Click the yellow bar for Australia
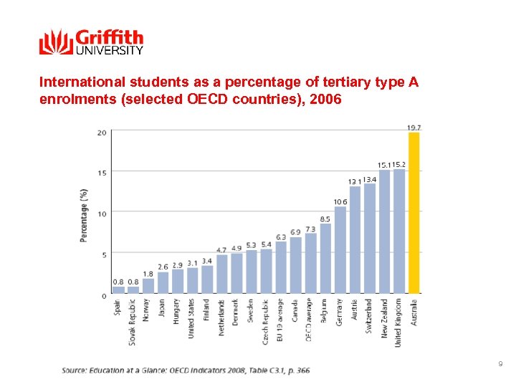pos(414,213)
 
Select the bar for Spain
pos(118,290)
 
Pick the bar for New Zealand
pos(385,231)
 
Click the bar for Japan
pos(163,282)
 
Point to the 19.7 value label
pos(414,128)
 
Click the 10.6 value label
pos(340,201)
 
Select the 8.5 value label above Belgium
pos(325,219)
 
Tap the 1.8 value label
pos(148,274)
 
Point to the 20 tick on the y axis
pos(102,133)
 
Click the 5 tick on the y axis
pos(104,254)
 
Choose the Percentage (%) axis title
pos(85,215)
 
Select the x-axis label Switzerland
pos(370,316)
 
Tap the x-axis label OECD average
pos(310,319)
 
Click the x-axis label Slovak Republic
pos(133,322)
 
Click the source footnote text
pos(186,370)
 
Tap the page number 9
pos(500,365)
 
